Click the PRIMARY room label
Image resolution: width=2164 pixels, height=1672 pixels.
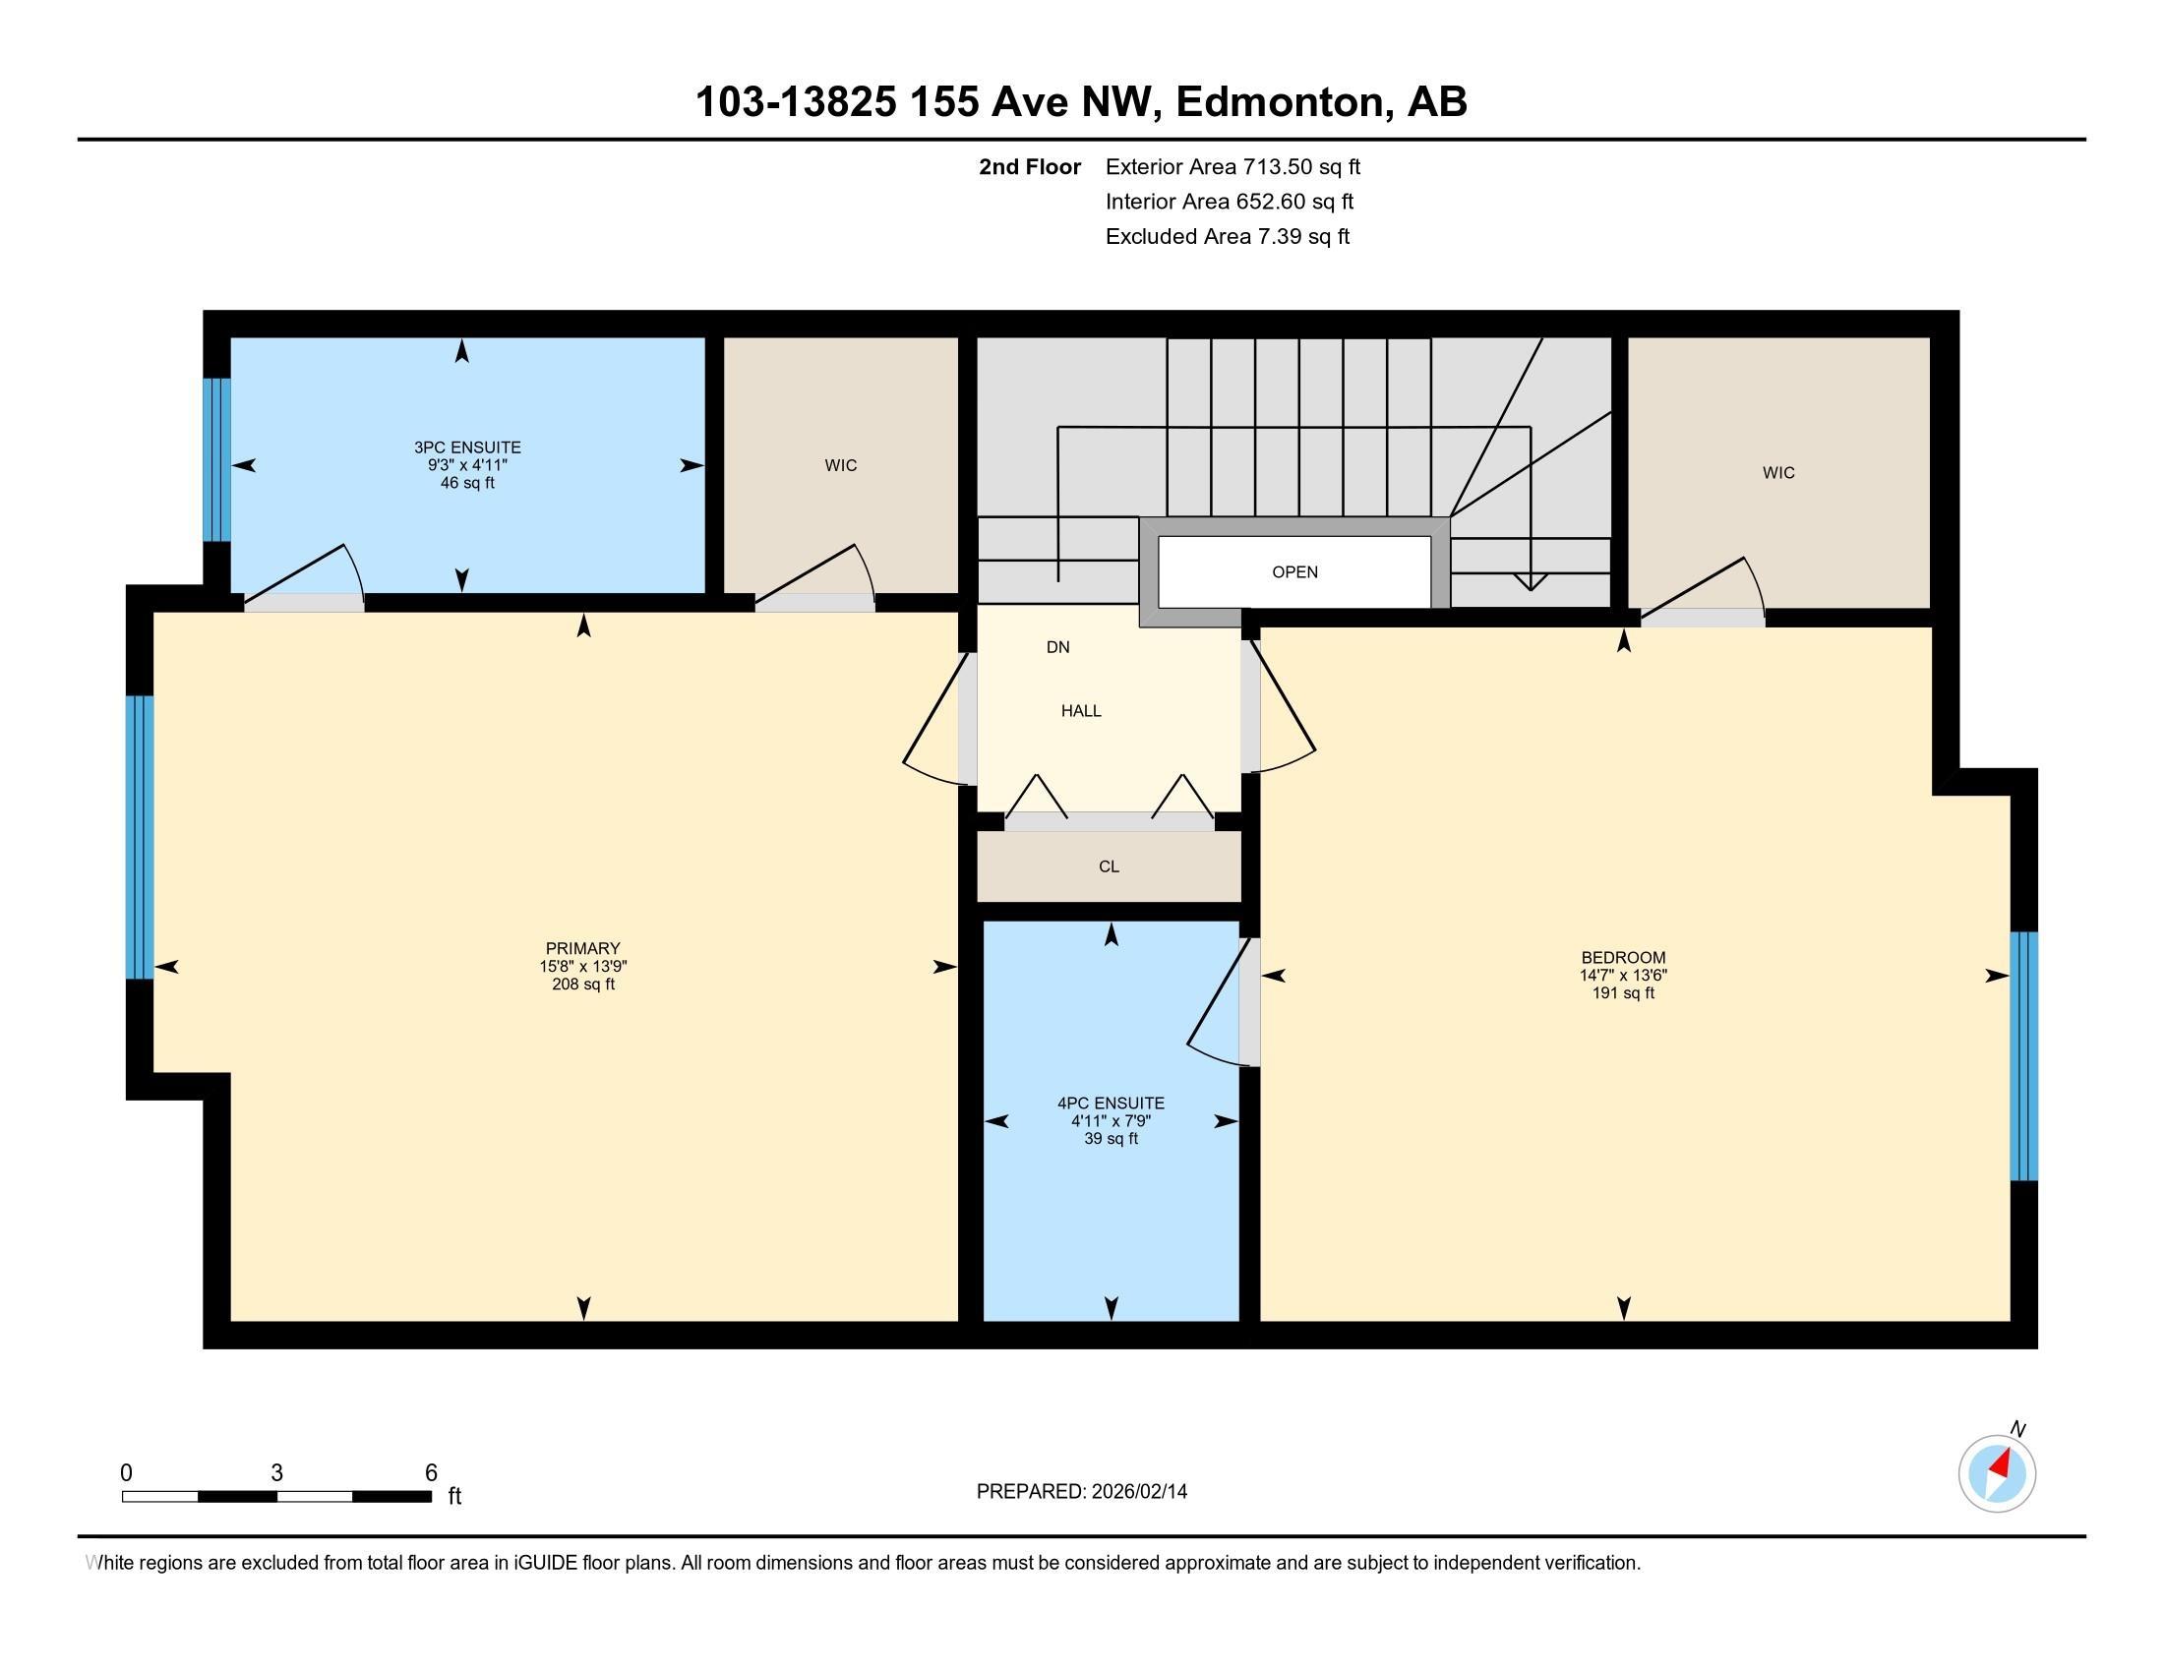(x=582, y=948)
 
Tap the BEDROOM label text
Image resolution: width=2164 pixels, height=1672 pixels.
(x=1623, y=958)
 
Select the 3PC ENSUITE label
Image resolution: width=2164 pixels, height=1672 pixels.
(x=467, y=448)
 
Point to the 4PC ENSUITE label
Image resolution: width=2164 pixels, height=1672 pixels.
(x=1111, y=1103)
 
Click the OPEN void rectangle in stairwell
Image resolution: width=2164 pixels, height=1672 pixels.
(x=1294, y=571)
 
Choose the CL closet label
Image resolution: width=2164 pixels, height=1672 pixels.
(x=1109, y=866)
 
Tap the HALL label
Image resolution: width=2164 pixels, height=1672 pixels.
(x=1081, y=711)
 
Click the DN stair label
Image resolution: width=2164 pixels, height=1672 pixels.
(x=1058, y=648)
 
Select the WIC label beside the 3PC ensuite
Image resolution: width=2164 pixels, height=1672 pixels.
(x=840, y=465)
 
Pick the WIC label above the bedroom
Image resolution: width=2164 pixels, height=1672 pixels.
(x=1778, y=473)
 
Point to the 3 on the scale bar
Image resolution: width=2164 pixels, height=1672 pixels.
(x=276, y=1473)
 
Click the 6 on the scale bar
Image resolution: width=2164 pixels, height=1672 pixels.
(x=431, y=1473)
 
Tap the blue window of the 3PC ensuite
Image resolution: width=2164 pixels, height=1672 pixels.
(x=217, y=460)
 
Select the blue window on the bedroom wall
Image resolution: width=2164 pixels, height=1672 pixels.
(x=2023, y=1056)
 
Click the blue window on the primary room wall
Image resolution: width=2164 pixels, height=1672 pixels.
(x=140, y=837)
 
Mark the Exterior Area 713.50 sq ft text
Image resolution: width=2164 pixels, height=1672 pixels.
(x=1232, y=166)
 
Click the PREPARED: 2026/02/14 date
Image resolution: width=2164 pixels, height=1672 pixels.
(x=1081, y=1491)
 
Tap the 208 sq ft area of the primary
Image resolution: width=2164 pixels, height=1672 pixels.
(x=582, y=985)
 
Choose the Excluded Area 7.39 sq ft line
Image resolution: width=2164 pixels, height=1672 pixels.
(x=1228, y=236)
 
